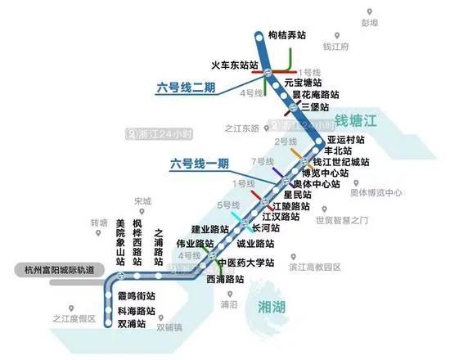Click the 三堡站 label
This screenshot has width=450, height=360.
(315, 106)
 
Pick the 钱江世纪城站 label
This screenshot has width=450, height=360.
(339, 162)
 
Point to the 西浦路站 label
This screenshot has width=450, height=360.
(225, 279)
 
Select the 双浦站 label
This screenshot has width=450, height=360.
(135, 324)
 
